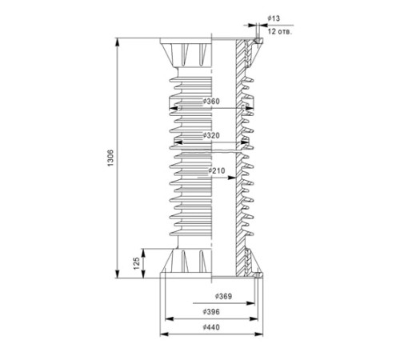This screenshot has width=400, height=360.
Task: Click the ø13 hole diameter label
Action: (x=274, y=18)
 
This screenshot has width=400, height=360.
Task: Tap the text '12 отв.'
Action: (x=280, y=31)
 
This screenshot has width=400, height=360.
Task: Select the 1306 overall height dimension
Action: (x=110, y=158)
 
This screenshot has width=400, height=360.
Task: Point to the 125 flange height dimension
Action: (x=136, y=263)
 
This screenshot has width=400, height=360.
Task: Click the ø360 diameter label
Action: (x=211, y=102)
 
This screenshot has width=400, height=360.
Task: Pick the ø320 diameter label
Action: (x=211, y=135)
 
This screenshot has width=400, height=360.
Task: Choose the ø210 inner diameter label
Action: (x=217, y=170)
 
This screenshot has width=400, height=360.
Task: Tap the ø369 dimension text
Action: (x=223, y=296)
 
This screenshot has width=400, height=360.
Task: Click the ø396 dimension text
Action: (x=211, y=311)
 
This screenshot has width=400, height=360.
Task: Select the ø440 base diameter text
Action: (x=211, y=327)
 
